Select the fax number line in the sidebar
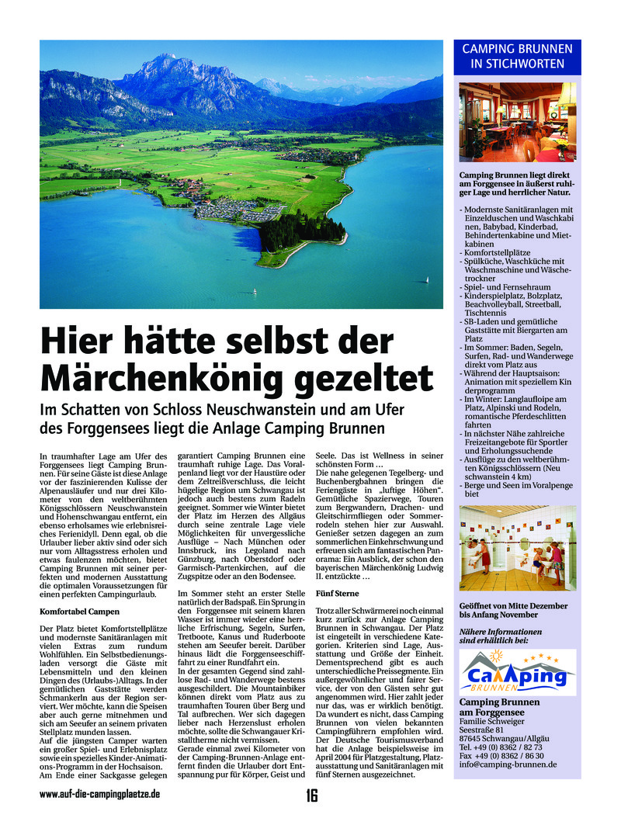tap(501, 754)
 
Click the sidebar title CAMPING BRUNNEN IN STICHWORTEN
tap(517, 56)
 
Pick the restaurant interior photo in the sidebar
tap(517, 122)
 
